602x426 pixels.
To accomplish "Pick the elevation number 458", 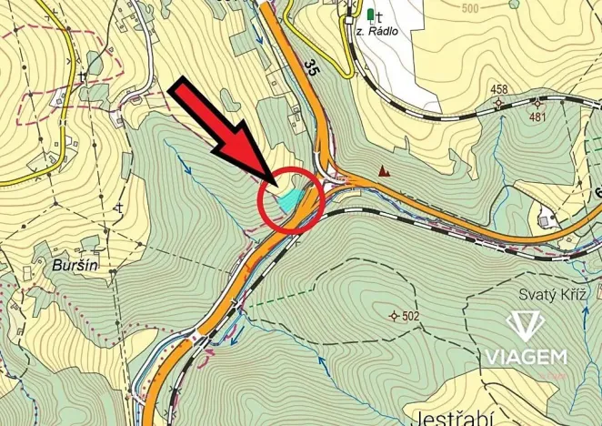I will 499,89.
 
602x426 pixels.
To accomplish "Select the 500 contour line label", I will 469,9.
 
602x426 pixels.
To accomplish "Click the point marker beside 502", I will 394,316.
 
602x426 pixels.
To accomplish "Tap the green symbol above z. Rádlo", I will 370,15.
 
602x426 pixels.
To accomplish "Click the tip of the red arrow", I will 273,180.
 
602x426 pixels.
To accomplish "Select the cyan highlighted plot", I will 291,198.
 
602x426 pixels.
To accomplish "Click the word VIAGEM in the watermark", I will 525,356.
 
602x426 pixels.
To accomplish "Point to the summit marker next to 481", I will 538,102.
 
